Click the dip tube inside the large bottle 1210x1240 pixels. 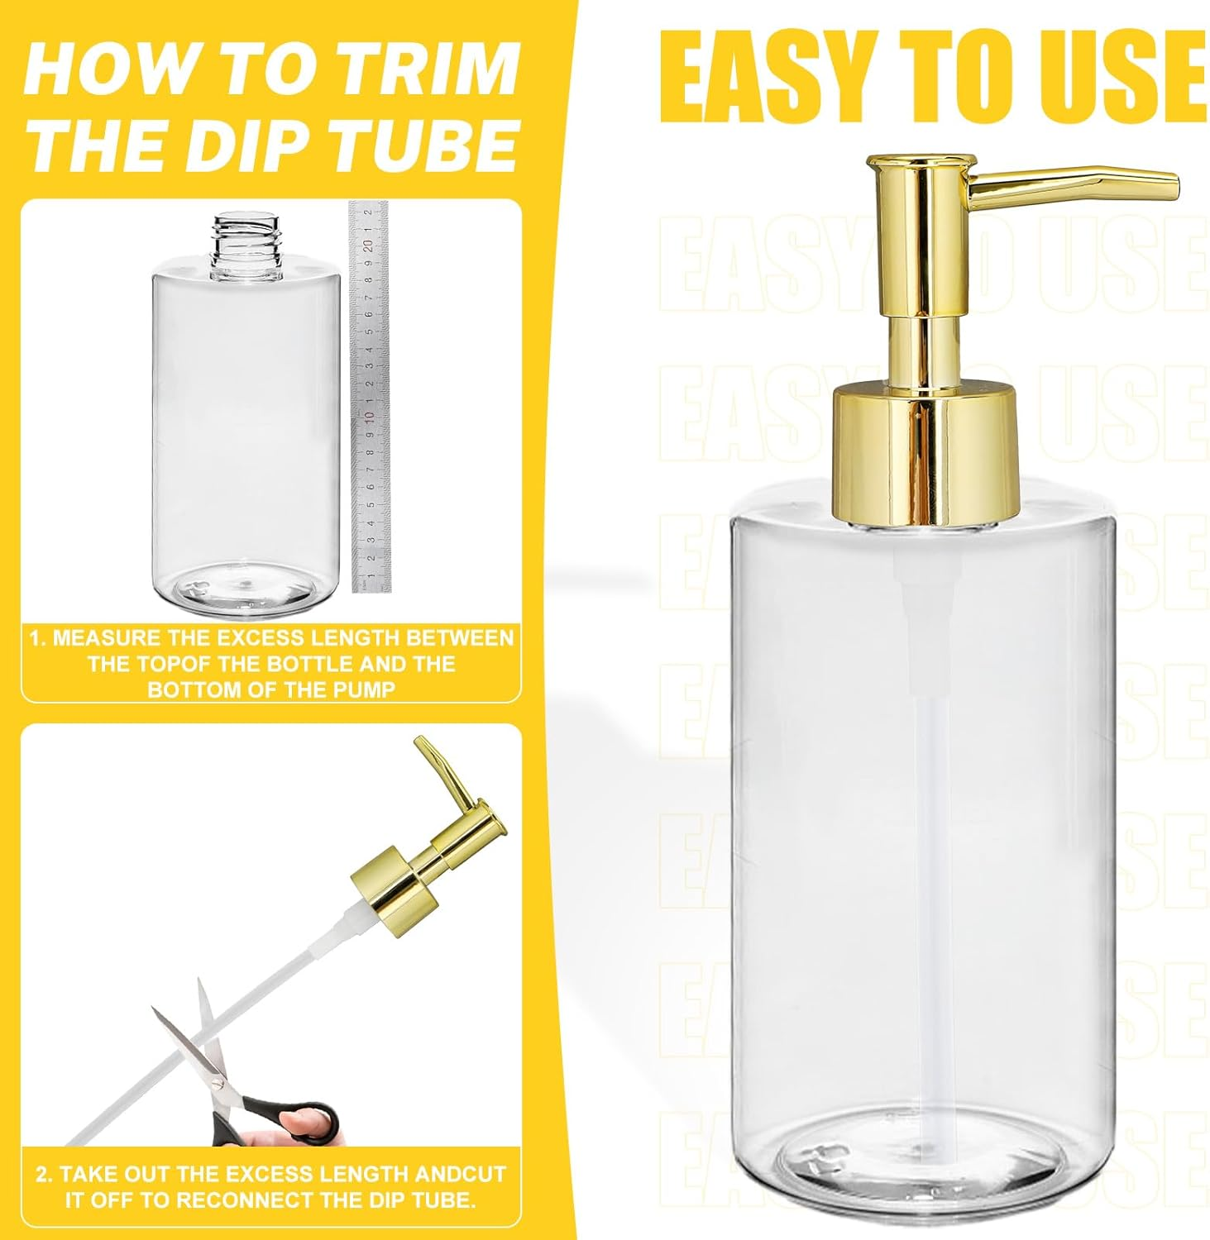point(923,827)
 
